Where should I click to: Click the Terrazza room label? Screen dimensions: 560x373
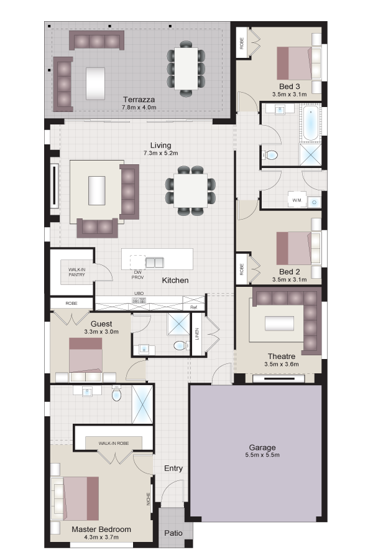coord(139,100)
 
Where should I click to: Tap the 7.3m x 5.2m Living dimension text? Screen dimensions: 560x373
coord(160,153)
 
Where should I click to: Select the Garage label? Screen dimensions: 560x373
coord(262,447)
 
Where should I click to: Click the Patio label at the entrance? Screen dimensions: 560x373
coord(173,533)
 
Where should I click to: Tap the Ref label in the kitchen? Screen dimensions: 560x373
coord(193,307)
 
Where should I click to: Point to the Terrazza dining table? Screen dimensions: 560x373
coord(186,68)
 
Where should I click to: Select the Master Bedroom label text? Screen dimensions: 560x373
coord(101,530)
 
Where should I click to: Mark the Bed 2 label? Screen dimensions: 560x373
coord(289,272)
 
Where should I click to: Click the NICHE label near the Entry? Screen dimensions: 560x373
coord(149,499)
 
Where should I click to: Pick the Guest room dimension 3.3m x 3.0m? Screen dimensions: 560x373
coord(101,332)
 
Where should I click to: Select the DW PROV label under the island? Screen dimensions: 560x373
coord(138,274)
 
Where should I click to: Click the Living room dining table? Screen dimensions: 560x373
coord(190,190)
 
